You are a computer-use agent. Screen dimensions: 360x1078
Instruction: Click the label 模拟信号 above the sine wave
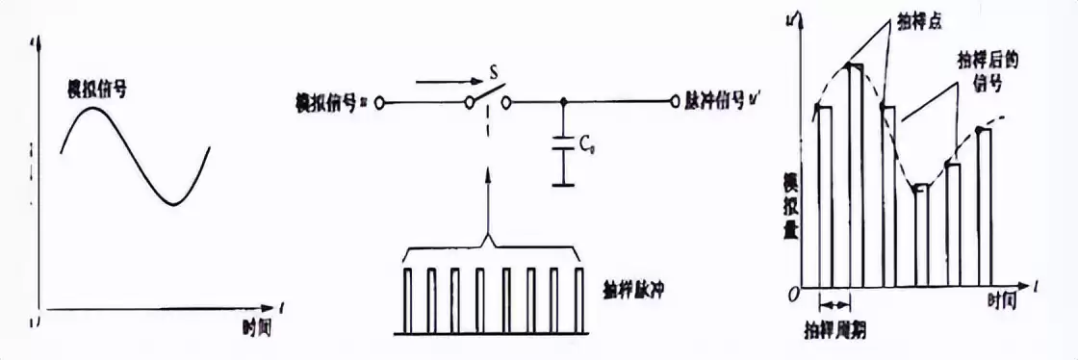pyautogui.click(x=96, y=91)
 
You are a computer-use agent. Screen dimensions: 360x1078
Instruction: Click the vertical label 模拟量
pyautogui.click(x=791, y=202)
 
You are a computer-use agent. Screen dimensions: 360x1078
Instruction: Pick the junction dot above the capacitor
pyautogui.click(x=563, y=101)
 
